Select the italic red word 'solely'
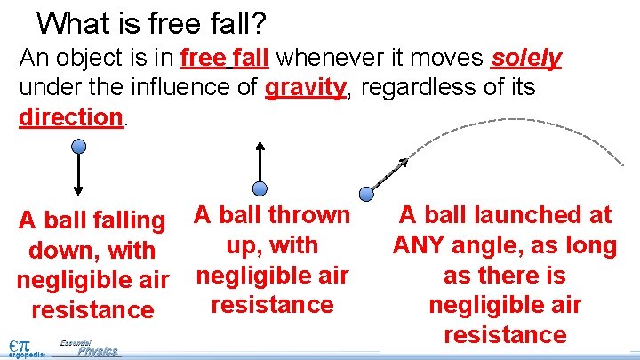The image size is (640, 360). pyautogui.click(x=526, y=59)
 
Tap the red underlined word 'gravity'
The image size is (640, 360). pyautogui.click(x=304, y=88)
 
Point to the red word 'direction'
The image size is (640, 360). pyautogui.click(x=70, y=117)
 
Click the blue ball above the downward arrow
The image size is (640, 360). pyautogui.click(x=79, y=147)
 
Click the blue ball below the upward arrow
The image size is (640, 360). pyautogui.click(x=260, y=188)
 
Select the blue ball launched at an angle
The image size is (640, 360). pyautogui.click(x=366, y=193)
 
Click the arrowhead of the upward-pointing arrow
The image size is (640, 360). pyautogui.click(x=260, y=147)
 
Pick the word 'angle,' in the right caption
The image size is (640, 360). pyautogui.click(x=499, y=245)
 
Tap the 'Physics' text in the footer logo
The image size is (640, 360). pyautogui.click(x=97, y=351)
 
